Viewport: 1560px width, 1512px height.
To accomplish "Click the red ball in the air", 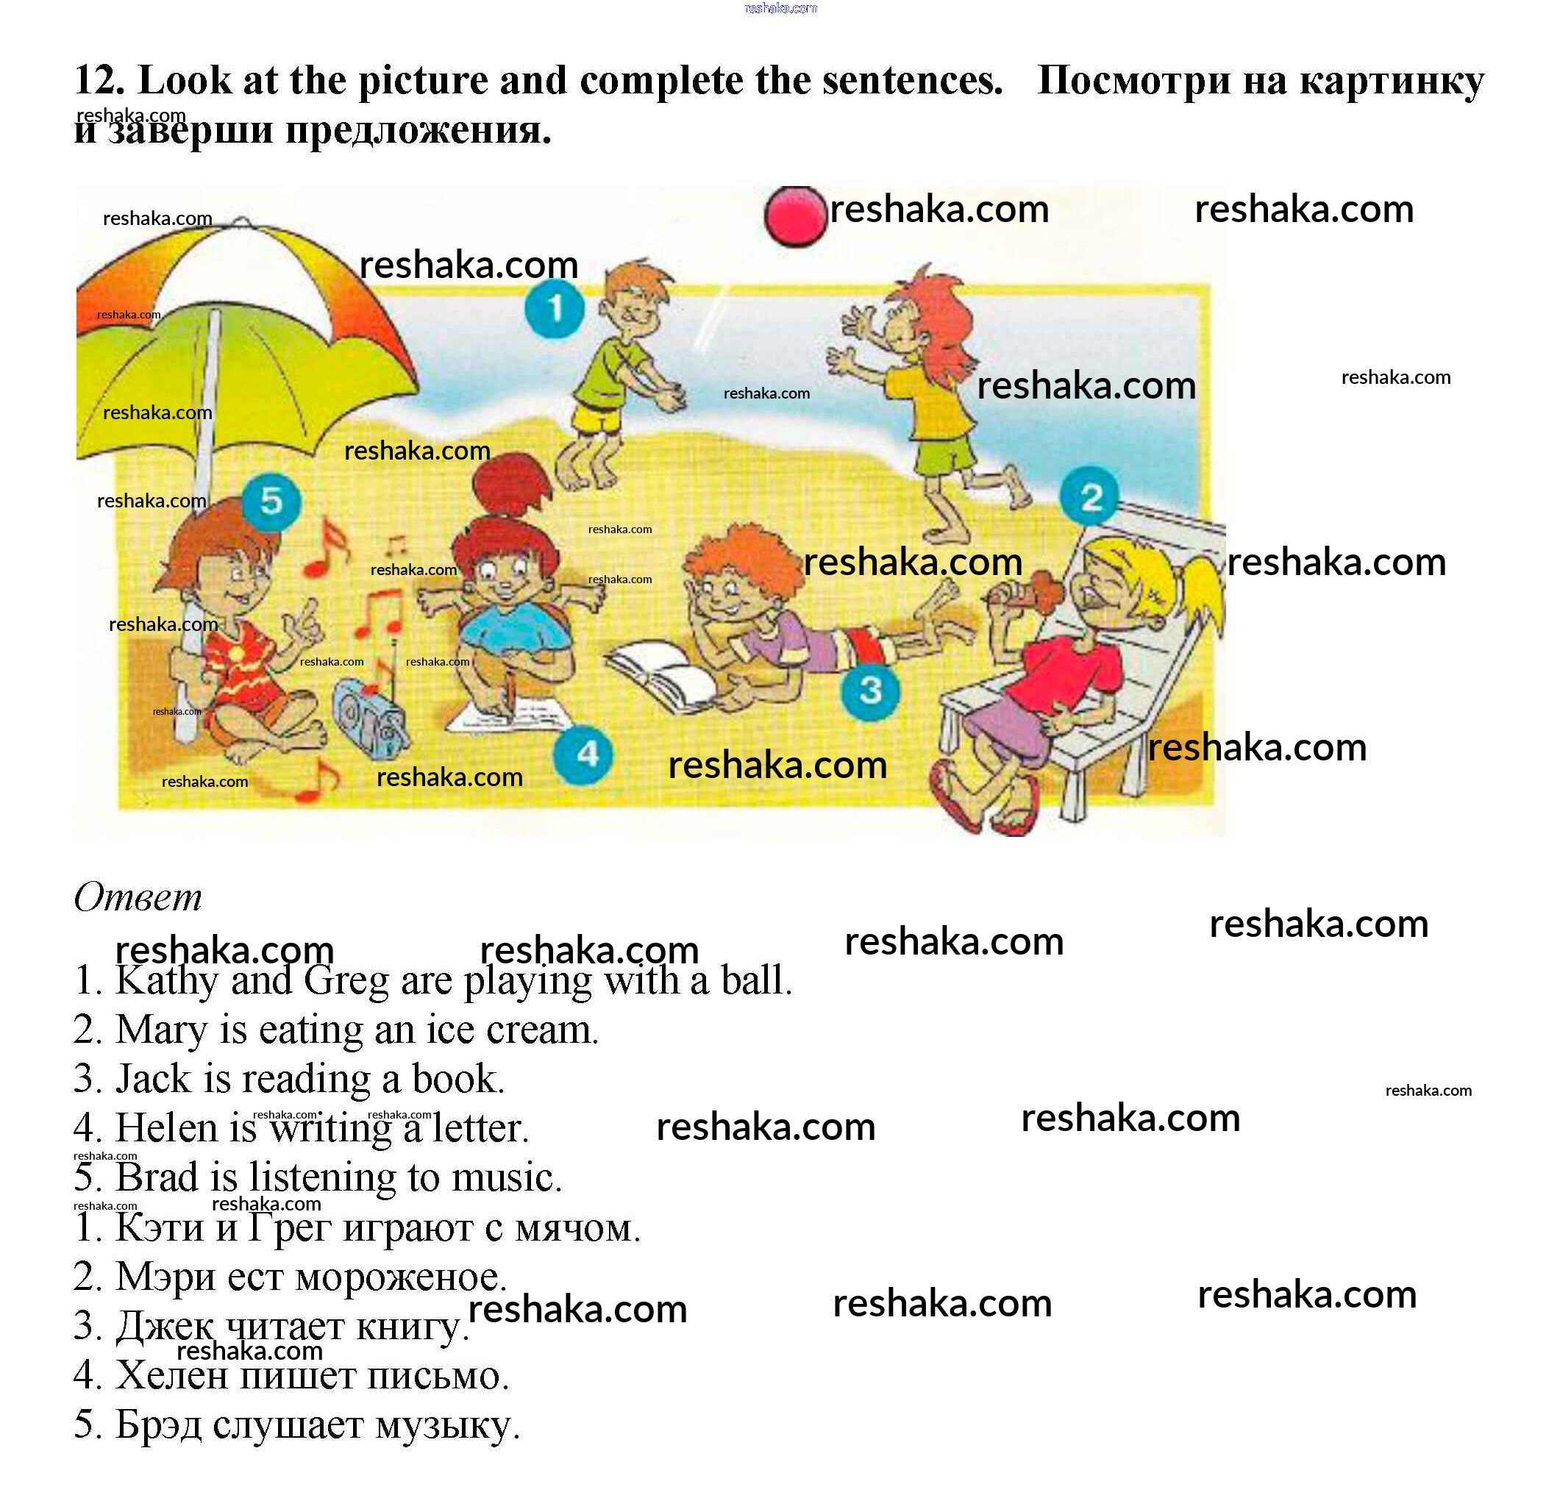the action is [794, 215].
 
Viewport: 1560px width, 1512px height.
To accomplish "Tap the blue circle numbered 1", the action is [555, 308].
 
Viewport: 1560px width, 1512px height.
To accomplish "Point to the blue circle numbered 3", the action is [871, 691].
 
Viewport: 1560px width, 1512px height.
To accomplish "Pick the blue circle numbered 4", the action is [583, 755].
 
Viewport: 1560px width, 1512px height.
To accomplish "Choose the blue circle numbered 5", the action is [271, 502].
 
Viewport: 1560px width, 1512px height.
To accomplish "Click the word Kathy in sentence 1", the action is [166, 980].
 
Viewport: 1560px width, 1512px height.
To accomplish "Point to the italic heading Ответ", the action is [138, 897].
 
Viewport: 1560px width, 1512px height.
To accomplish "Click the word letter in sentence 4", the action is [480, 1128].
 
